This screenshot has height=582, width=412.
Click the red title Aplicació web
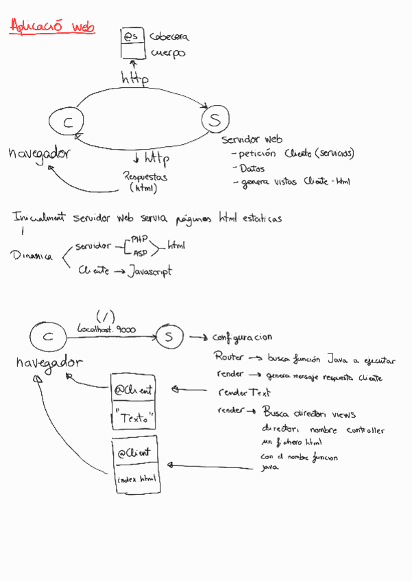click(52, 27)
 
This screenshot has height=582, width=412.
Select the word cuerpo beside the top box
click(167, 54)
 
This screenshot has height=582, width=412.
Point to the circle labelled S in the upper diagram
click(215, 120)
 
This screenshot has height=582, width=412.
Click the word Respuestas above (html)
click(145, 176)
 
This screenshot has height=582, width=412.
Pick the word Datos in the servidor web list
click(252, 168)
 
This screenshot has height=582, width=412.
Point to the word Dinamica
click(32, 256)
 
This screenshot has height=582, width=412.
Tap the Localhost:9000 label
click(106, 329)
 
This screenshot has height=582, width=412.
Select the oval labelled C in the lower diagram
click(47, 337)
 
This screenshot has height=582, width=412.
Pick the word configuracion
click(242, 337)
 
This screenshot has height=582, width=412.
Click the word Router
click(229, 357)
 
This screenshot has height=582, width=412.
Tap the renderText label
click(243, 393)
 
